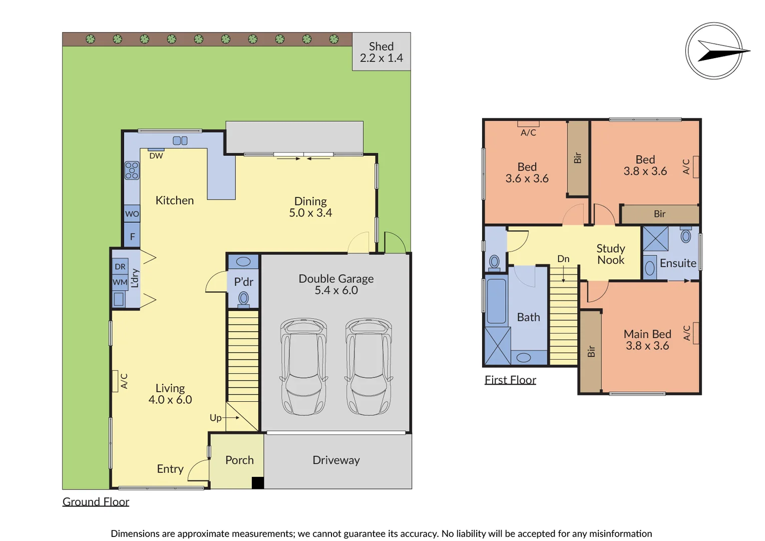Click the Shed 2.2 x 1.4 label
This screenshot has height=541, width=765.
pyautogui.click(x=381, y=52)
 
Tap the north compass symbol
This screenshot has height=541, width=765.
pyautogui.click(x=714, y=51)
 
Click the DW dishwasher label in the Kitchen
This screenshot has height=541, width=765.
pyautogui.click(x=156, y=156)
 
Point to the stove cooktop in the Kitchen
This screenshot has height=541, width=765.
pyautogui.click(x=132, y=170)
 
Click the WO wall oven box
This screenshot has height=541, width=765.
pyautogui.click(x=132, y=214)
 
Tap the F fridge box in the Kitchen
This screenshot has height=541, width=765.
pyautogui.click(x=132, y=236)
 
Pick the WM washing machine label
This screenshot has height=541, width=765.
pyautogui.click(x=120, y=282)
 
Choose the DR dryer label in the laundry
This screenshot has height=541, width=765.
pyautogui.click(x=120, y=266)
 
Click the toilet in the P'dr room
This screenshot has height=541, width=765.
pyautogui.click(x=243, y=299)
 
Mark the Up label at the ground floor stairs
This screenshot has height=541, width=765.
pyautogui.click(x=215, y=418)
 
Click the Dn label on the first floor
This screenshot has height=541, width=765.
pyautogui.click(x=563, y=259)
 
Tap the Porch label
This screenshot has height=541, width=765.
pyautogui.click(x=239, y=460)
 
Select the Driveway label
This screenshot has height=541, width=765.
pyautogui.click(x=336, y=460)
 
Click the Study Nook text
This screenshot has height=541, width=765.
pyautogui.click(x=611, y=254)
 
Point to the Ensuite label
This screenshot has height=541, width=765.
pyautogui.click(x=678, y=263)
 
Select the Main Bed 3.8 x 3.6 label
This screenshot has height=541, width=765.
pyautogui.click(x=647, y=340)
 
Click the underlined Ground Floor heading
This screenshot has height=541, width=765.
pyautogui.click(x=96, y=501)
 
